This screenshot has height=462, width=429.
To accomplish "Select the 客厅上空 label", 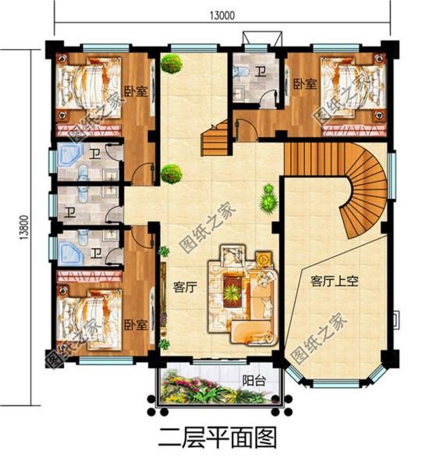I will [x=333, y=281].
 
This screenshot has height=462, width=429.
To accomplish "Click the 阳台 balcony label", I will [x=252, y=382].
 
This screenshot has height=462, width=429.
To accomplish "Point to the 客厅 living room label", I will [x=183, y=286].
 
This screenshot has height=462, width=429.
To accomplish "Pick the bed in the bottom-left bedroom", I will [x=87, y=312].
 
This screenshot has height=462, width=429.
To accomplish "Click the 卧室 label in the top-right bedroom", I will [x=304, y=84].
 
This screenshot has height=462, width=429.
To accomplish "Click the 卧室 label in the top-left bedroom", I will [x=136, y=91].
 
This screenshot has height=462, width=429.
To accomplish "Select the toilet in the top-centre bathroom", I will [x=243, y=74].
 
